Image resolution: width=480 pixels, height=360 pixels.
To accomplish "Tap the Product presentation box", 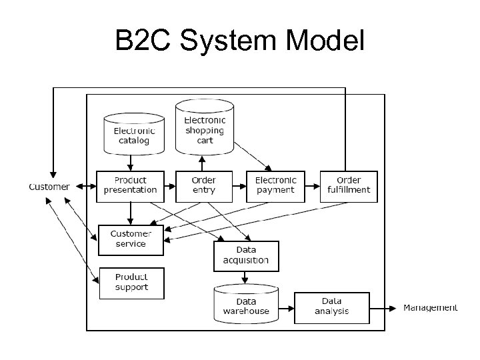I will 131,185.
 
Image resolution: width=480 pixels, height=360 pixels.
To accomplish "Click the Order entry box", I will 204,185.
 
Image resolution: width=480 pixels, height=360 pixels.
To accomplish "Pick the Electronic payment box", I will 275,185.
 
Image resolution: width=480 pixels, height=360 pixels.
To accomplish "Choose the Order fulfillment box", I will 349,185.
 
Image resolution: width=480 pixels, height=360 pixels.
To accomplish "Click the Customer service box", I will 131,239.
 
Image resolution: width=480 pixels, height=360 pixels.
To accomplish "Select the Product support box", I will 131,283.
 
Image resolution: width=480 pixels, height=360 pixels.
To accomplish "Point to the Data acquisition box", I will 246,255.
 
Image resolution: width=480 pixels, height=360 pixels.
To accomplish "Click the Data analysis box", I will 331,307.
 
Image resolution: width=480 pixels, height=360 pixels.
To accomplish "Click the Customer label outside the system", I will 49,187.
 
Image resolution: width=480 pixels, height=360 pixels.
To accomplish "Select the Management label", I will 431,308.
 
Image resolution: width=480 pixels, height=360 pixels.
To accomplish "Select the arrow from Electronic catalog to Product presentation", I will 131,162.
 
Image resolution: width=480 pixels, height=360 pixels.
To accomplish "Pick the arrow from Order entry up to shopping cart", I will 202,163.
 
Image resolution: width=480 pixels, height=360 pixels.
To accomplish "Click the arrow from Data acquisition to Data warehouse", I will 246,279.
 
